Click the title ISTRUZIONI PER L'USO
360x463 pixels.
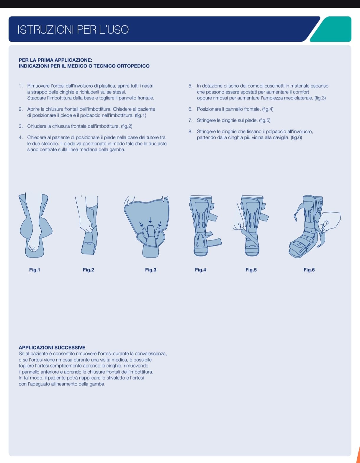73,29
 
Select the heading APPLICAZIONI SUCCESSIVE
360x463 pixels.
52,347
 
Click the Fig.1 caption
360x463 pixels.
35,270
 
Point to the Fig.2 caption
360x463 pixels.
89,270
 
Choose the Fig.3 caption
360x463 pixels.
151,270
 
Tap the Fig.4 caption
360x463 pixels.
201,270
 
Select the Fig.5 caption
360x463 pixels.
251,270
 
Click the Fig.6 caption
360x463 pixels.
309,270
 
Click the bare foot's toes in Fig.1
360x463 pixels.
32,248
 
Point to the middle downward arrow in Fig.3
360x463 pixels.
150,220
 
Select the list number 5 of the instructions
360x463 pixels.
190,86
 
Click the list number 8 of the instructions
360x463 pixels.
190,132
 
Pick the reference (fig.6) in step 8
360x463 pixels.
297,137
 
